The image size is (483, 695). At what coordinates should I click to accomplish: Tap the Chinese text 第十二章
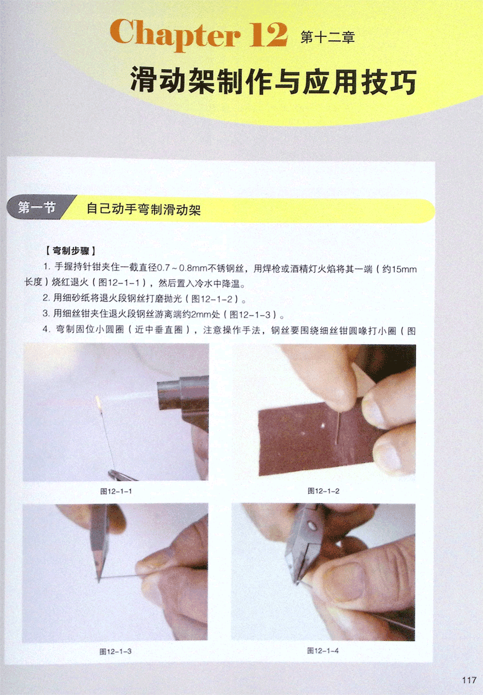tap(328, 38)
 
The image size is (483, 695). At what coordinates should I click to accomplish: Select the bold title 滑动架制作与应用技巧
tap(273, 81)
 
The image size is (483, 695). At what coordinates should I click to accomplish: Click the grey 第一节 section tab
tap(37, 207)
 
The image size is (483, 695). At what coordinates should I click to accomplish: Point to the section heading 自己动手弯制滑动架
tap(144, 209)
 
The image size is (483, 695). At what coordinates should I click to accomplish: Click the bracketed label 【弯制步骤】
tap(71, 250)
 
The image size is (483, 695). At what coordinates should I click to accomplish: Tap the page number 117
tap(469, 680)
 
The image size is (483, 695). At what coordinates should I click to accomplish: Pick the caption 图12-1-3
tap(115, 651)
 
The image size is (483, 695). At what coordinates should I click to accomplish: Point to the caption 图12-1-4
tap(323, 651)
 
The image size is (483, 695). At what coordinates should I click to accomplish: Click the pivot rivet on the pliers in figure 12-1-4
tap(311, 526)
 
